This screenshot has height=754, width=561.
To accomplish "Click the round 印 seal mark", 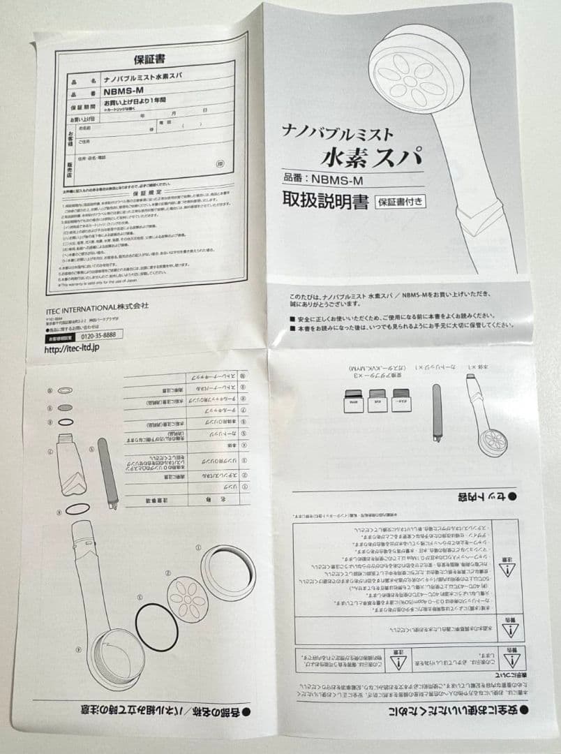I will (220, 163).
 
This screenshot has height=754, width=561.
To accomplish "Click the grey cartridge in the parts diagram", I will (106, 471).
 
